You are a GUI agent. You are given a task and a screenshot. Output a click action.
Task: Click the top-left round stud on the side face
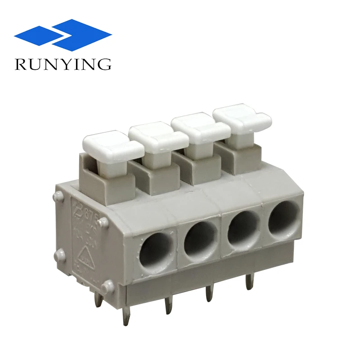pyautogui.click(x=58, y=196)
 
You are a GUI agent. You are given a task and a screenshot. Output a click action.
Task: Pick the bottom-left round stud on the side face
pyautogui.click(x=59, y=256)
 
